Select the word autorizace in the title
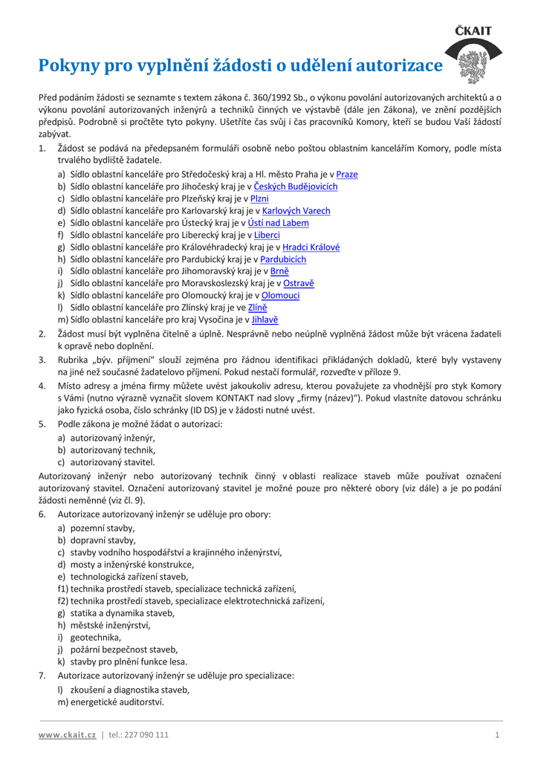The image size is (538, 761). coord(400,67)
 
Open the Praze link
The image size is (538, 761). coord(347,175)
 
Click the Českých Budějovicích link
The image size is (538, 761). coord(296,187)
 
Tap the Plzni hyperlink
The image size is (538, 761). coord(259,198)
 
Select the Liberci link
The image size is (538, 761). coord(267,235)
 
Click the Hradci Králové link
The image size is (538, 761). coord(311,247)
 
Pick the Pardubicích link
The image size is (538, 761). coord(283,259)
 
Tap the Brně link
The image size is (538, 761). coord(279,271)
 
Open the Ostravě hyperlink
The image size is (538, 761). coord(299,283)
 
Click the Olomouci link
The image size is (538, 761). coord(281,296)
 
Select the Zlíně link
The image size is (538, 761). coord(257,308)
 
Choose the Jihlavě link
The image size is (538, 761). coord(265,320)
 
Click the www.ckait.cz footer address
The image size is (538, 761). coord(68,735)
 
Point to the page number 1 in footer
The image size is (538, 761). coord(496,735)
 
